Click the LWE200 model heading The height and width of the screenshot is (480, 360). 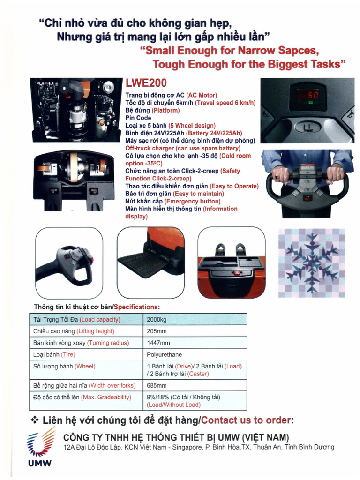point(146,83)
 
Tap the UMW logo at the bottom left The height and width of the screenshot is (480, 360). point(38,450)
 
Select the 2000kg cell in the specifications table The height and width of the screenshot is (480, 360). point(157,320)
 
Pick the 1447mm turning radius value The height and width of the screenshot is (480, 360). point(158,343)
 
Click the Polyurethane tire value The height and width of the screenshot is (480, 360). point(164,354)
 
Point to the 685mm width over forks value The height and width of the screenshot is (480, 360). point(157,386)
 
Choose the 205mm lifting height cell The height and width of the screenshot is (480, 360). point(156,331)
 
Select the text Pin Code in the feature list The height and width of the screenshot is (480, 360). point(138,118)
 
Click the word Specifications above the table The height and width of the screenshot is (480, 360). point(136,307)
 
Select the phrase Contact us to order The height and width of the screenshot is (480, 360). point(246,420)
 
